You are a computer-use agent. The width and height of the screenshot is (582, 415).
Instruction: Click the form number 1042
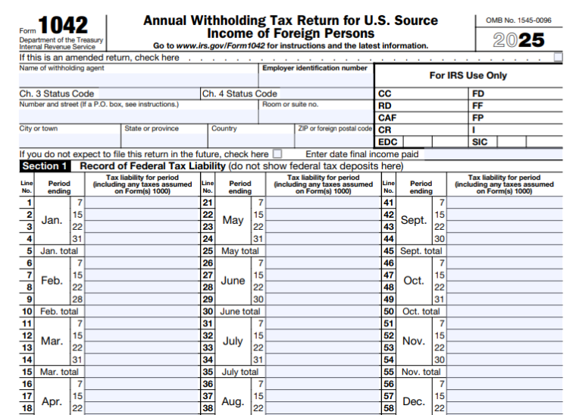coord(63,24)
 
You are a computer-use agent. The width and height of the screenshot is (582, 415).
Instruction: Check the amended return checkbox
coord(558,57)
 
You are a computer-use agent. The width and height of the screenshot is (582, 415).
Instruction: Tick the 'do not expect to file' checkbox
coord(277,154)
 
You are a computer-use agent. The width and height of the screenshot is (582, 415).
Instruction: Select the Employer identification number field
coord(316,79)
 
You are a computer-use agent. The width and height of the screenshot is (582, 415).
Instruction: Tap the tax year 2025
coord(519,40)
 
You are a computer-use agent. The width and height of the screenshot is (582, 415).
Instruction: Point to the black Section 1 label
coord(45,166)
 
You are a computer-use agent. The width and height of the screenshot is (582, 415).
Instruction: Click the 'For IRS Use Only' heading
coord(468,76)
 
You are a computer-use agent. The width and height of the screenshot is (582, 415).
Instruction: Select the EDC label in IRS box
coord(387,142)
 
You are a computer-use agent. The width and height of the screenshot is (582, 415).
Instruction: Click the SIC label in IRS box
coord(480,142)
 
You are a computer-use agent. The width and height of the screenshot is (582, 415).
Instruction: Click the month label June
coord(233,281)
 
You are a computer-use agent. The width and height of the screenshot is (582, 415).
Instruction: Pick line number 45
coord(389,251)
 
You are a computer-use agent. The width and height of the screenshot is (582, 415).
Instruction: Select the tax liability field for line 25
coord(323,251)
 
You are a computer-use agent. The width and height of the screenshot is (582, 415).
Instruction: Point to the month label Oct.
coord(414,281)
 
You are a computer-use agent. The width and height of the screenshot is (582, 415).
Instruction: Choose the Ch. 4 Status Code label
coord(240,94)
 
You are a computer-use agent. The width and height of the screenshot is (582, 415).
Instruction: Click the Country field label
coord(224,129)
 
